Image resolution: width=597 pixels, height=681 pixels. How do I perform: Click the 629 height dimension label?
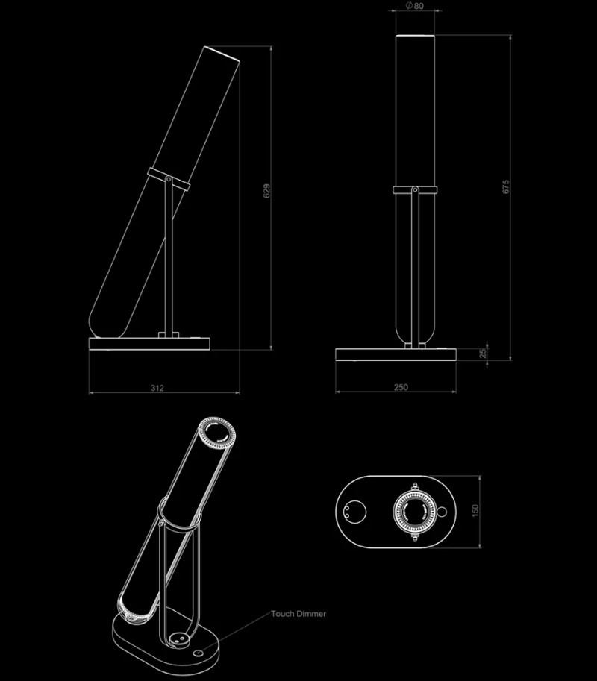[x=266, y=191]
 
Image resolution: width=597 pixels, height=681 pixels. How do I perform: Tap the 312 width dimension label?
[x=157, y=388]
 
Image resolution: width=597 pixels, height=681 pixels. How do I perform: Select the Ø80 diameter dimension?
[x=414, y=6]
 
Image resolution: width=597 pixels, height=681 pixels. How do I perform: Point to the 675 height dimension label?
[x=505, y=186]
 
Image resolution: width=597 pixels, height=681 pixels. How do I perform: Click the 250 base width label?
[x=401, y=387]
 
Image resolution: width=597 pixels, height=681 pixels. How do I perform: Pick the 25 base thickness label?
[x=483, y=354]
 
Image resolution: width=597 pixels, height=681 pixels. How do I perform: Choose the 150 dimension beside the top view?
[x=475, y=511]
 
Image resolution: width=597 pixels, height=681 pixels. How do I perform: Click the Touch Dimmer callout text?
[x=298, y=614]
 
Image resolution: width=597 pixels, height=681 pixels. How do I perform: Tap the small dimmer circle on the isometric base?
[x=199, y=653]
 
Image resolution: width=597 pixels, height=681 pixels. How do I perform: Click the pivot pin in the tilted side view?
[x=168, y=178]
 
